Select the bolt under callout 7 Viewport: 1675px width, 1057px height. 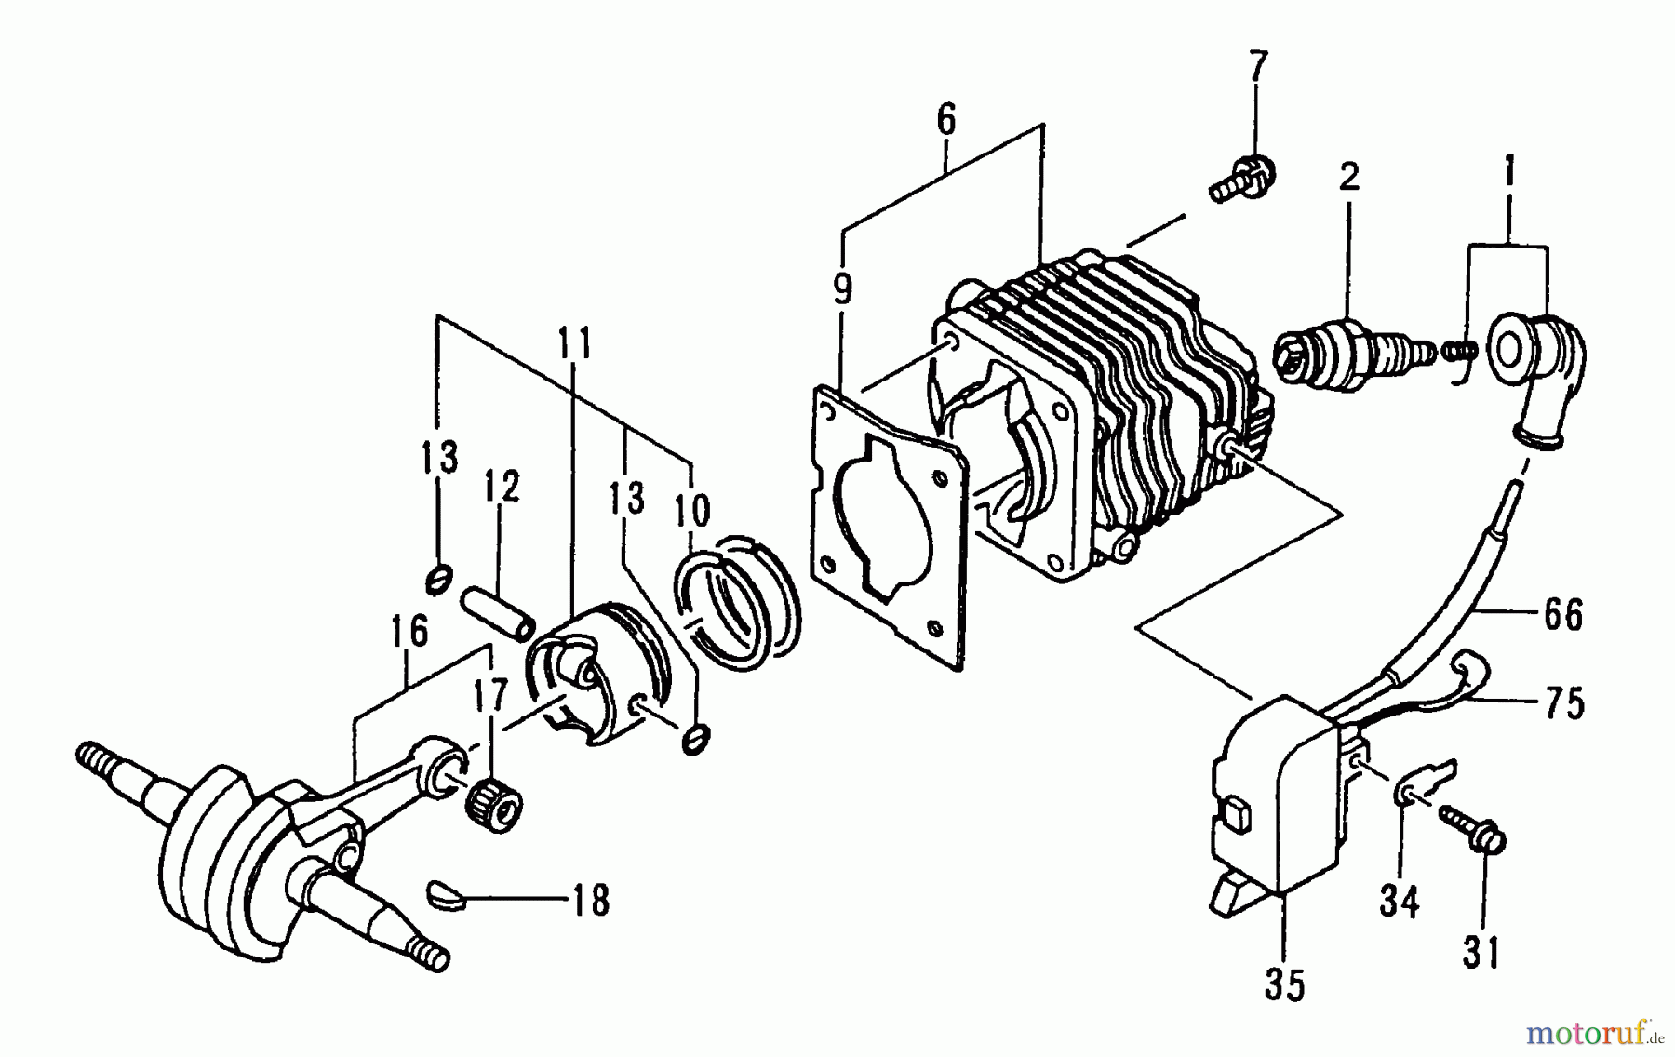(1242, 179)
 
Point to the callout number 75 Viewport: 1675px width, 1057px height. (1563, 703)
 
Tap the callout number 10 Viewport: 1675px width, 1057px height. (692, 509)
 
